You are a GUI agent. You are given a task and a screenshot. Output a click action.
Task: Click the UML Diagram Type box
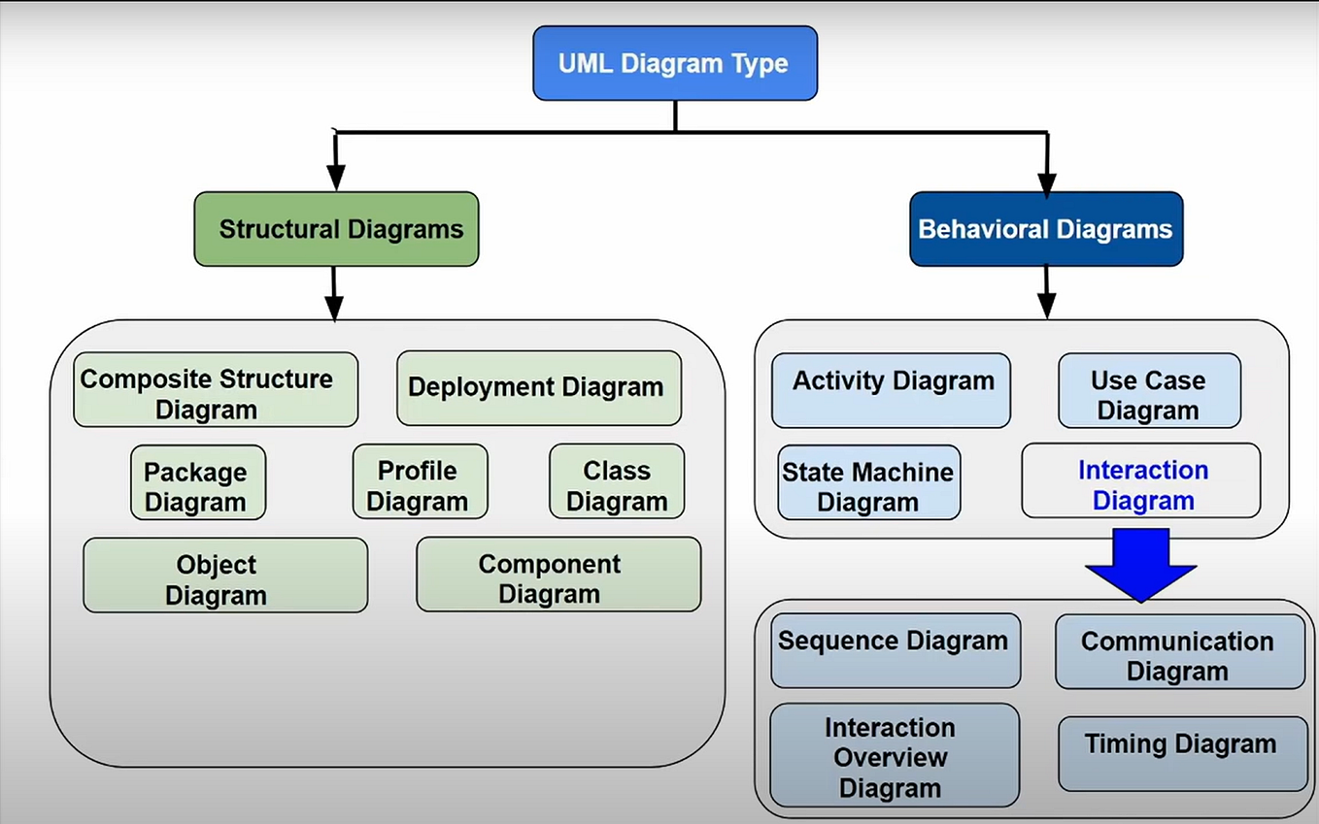pyautogui.click(x=674, y=64)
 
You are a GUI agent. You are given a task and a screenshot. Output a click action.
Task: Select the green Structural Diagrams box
pyautogui.click(x=336, y=229)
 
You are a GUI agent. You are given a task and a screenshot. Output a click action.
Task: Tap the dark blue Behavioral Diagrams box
pyautogui.click(x=1046, y=229)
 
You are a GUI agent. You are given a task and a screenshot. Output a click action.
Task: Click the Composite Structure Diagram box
pyautogui.click(x=216, y=390)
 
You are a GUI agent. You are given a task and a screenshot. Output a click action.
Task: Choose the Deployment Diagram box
pyautogui.click(x=538, y=388)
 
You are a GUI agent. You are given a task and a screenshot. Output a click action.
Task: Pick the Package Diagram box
pyautogui.click(x=197, y=482)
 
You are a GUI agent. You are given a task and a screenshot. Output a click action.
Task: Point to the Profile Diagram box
pyautogui.click(x=420, y=482)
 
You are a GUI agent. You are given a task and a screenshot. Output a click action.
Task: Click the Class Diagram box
pyautogui.click(x=617, y=482)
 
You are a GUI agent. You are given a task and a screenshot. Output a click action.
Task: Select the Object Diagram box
pyautogui.click(x=225, y=576)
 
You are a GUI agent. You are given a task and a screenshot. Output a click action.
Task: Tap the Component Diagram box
pyautogui.click(x=558, y=575)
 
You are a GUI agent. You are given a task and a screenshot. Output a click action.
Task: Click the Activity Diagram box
pyautogui.click(x=891, y=391)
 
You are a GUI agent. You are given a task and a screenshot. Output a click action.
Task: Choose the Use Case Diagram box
pyautogui.click(x=1149, y=391)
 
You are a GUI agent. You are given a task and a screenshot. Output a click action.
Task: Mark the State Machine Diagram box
pyautogui.click(x=868, y=482)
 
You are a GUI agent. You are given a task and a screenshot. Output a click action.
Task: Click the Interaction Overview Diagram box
pyautogui.click(x=894, y=755)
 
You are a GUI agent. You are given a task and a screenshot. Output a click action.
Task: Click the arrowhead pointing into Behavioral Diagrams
pyautogui.click(x=1046, y=183)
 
